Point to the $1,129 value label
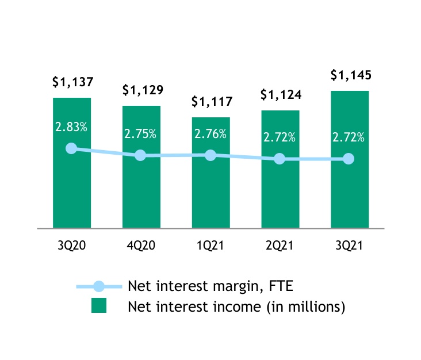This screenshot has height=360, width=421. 142,90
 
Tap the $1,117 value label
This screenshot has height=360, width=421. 212,102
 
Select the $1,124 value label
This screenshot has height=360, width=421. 281,94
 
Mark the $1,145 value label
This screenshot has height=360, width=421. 351,75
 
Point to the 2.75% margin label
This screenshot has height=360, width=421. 141,134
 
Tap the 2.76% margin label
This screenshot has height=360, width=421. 210,134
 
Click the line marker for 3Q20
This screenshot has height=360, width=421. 71,148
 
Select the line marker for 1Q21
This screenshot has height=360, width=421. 210,155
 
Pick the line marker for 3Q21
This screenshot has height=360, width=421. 349,159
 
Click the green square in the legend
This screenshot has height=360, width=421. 99,307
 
